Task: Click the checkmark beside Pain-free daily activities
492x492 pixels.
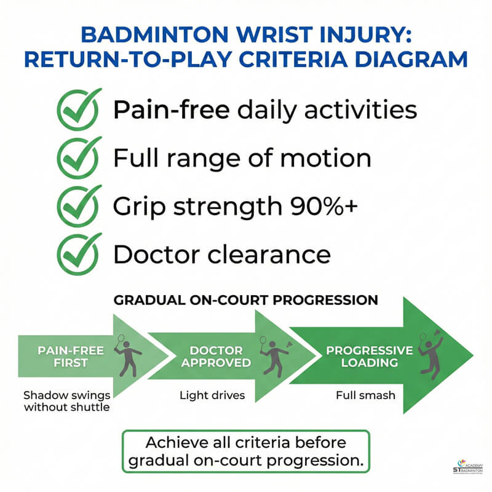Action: point(79,110)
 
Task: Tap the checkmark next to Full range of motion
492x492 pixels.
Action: point(79,157)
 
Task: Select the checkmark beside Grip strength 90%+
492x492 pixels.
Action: point(79,205)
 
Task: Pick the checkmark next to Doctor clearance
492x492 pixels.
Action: point(79,253)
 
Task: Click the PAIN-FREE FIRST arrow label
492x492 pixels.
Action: point(71,356)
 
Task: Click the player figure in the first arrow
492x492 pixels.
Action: point(127,355)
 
